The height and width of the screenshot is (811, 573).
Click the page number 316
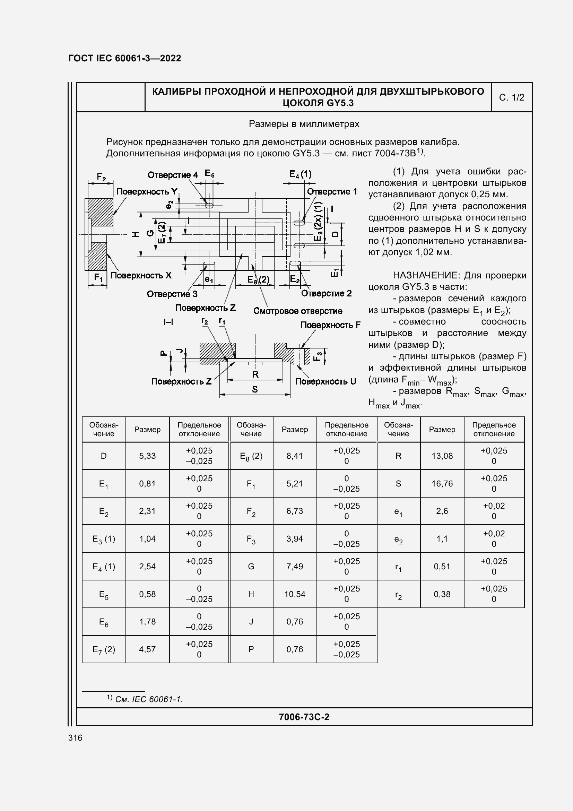click(75, 737)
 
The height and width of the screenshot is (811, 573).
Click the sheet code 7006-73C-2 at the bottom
click(304, 717)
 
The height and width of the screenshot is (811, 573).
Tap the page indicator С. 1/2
click(512, 97)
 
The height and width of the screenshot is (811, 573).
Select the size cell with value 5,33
click(147, 456)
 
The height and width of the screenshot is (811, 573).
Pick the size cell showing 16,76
click(442, 483)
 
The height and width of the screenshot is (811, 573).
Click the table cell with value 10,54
click(295, 594)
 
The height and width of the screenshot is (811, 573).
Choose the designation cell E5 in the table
click(103, 595)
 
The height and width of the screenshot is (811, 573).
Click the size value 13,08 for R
click(442, 456)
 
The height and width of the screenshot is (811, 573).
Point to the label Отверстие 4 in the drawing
click(173, 175)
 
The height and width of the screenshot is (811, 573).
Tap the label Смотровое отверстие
click(298, 311)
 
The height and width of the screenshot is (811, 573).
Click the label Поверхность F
click(330, 325)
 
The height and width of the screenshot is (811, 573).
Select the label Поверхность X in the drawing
click(141, 276)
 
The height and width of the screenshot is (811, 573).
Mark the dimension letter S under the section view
click(255, 389)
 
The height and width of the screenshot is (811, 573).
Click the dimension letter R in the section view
click(255, 374)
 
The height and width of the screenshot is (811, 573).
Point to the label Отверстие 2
click(326, 294)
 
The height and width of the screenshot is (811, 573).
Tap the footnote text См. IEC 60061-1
click(149, 699)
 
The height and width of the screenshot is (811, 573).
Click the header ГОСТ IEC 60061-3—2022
click(125, 58)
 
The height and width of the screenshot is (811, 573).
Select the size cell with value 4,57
click(147, 649)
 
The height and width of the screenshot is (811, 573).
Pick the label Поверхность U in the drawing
click(325, 381)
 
